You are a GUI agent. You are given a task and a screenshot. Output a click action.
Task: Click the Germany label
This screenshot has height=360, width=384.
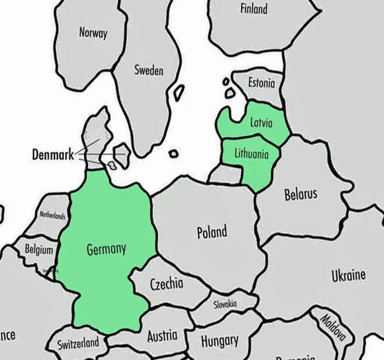106,249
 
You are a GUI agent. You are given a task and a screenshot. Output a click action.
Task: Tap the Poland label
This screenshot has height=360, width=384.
212,232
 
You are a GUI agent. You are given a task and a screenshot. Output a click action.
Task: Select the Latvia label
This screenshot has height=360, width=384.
261,122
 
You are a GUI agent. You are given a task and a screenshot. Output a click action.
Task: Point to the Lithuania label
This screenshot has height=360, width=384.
251,154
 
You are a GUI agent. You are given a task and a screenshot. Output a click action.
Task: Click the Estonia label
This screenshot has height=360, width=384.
261,83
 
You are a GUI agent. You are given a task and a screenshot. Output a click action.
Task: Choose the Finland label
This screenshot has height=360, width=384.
254,9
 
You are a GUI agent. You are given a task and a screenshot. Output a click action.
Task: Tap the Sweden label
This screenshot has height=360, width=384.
149,70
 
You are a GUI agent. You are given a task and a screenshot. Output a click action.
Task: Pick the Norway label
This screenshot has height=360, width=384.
93,33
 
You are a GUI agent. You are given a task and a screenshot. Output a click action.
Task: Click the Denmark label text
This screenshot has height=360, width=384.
52,155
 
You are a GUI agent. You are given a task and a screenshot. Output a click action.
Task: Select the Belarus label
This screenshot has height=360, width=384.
301,194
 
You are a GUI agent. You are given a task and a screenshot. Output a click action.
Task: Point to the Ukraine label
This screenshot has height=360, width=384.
349,275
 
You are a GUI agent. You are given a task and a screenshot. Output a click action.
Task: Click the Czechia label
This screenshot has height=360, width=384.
167,284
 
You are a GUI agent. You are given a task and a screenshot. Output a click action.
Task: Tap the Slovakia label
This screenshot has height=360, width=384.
225,304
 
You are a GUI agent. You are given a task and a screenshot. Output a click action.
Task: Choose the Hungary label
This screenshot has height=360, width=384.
219,340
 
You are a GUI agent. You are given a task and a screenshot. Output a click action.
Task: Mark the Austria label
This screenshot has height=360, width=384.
162,336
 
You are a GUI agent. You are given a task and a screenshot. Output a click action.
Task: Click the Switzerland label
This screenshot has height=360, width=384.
77,343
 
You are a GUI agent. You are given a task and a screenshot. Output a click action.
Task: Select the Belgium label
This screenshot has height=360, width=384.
38,249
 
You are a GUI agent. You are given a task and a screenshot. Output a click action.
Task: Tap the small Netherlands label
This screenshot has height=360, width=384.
52,215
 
